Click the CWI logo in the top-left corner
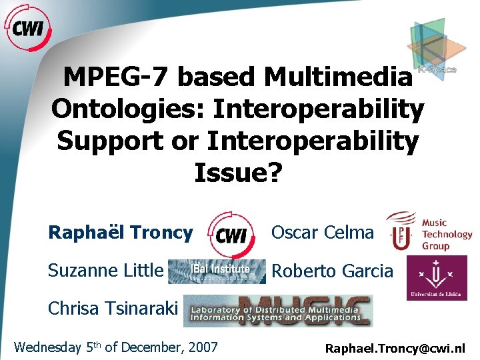click(x=28, y=28)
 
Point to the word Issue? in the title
click(x=238, y=173)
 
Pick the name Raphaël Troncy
click(x=121, y=233)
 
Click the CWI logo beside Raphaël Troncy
click(x=230, y=233)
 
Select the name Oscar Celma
click(x=322, y=233)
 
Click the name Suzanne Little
click(x=105, y=271)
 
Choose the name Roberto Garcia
click(x=332, y=271)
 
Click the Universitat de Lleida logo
click(x=437, y=279)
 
